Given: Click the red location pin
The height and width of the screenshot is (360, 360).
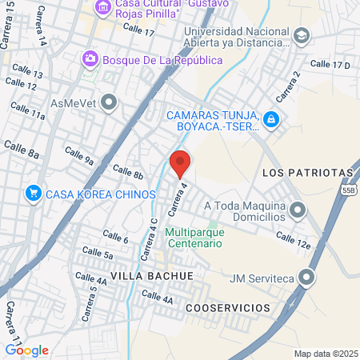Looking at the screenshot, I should [x=180, y=162].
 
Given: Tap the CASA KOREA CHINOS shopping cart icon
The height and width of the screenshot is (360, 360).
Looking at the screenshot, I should [x=33, y=193].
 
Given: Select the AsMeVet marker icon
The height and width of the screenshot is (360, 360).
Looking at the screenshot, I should [x=110, y=102].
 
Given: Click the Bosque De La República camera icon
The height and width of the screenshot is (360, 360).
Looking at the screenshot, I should [x=90, y=58].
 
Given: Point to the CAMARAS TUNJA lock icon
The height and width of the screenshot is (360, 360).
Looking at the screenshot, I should [x=272, y=119].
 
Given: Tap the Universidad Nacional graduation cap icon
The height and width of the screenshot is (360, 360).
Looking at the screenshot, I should [x=301, y=35].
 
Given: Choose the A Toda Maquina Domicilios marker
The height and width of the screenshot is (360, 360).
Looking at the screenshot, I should [x=298, y=211].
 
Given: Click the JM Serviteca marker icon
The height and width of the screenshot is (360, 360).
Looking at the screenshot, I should [x=308, y=278].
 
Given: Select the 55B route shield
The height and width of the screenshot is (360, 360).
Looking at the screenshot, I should [x=347, y=191].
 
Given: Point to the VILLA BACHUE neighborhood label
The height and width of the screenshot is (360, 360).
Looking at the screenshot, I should [x=151, y=275].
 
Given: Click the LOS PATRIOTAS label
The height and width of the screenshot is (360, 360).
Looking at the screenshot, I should [x=307, y=173].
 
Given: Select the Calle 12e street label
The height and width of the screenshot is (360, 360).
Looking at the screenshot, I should [x=293, y=238].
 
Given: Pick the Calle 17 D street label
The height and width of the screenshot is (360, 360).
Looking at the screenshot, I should [x=330, y=64].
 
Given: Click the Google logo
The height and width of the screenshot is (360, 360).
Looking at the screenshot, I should [x=26, y=350].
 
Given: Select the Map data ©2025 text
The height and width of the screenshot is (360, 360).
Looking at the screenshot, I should [x=324, y=353].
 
